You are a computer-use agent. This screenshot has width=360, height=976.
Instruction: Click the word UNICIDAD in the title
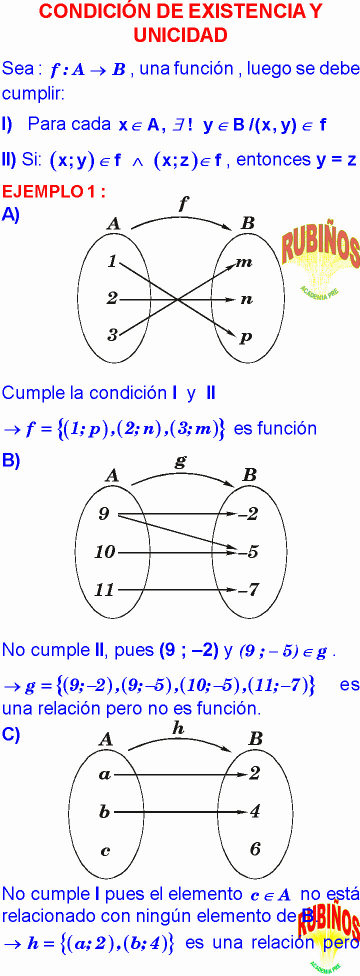point(180,35)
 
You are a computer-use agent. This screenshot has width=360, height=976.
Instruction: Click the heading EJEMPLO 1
point(54,191)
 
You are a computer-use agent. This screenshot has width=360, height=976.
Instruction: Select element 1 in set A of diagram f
point(112,262)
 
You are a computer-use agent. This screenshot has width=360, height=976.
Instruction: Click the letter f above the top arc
point(182,204)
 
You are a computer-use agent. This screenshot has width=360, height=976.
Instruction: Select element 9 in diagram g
point(104,514)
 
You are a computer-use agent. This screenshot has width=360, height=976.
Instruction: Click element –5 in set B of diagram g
point(249,552)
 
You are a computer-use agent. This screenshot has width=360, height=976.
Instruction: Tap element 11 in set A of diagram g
point(104,589)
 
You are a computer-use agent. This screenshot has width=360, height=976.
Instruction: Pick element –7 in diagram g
point(249,589)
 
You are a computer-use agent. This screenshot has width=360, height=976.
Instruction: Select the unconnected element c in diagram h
point(104,850)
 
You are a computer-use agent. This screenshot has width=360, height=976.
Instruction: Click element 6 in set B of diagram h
point(255,848)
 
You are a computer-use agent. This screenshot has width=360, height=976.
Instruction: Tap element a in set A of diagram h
point(104,774)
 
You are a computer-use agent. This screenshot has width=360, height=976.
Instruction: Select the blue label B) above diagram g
point(12,461)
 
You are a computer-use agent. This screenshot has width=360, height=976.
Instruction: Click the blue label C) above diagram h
point(12,735)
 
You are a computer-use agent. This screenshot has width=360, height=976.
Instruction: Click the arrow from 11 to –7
point(176,589)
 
